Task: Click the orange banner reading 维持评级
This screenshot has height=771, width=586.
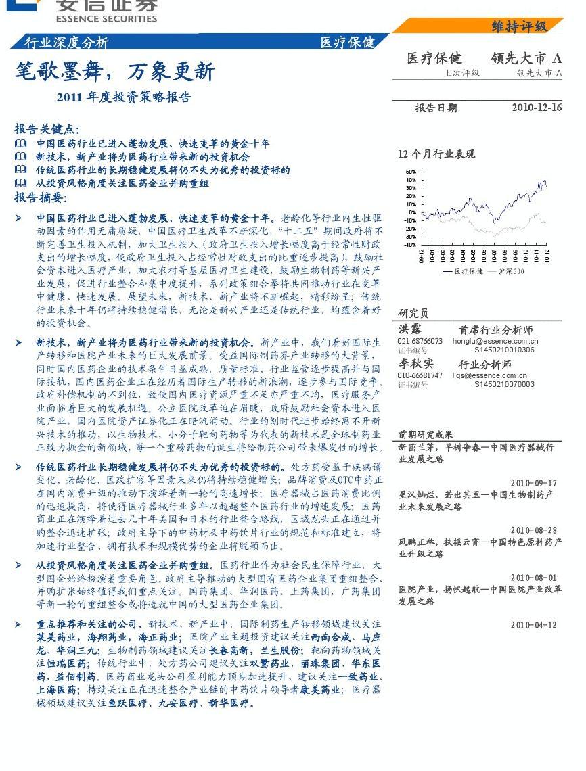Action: (x=519, y=26)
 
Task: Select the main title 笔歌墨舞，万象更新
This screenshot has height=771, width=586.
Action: (x=114, y=72)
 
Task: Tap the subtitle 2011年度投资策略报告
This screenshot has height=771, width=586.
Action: (x=124, y=97)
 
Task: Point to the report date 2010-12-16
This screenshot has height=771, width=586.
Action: (x=537, y=108)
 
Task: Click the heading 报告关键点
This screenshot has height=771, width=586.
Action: (x=47, y=128)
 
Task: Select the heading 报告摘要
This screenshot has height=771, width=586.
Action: (x=41, y=197)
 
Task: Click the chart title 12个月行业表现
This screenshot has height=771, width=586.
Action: (x=436, y=154)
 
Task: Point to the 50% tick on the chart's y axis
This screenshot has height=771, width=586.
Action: (x=411, y=172)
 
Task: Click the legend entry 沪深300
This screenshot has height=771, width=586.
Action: (x=514, y=271)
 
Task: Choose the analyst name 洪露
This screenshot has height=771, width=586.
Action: (x=410, y=329)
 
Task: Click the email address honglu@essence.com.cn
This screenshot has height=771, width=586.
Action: (x=495, y=342)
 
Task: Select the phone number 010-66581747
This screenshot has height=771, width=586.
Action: (x=420, y=375)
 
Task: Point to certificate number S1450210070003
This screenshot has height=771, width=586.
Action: (x=504, y=384)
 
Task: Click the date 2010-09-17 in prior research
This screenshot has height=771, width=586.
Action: (x=533, y=483)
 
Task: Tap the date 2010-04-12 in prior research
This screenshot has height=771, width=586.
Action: (x=533, y=625)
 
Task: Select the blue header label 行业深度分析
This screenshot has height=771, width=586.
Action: (x=66, y=42)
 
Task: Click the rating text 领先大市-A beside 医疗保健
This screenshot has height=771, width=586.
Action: (x=526, y=58)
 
